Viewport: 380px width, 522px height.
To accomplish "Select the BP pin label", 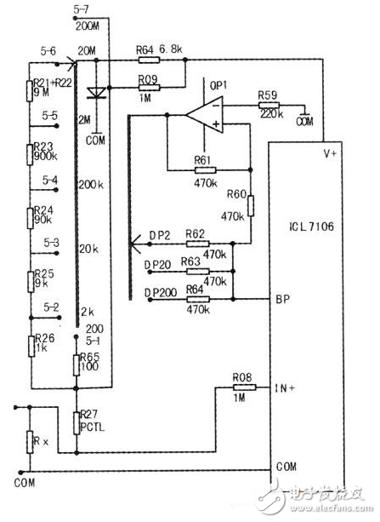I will pyautogui.click(x=283, y=300).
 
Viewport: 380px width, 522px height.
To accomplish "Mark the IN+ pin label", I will pyautogui.click(x=286, y=387).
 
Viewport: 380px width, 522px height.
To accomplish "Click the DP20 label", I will pyautogui.click(x=157, y=264).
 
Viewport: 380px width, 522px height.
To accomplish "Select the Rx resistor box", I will pyautogui.click(x=31, y=443).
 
